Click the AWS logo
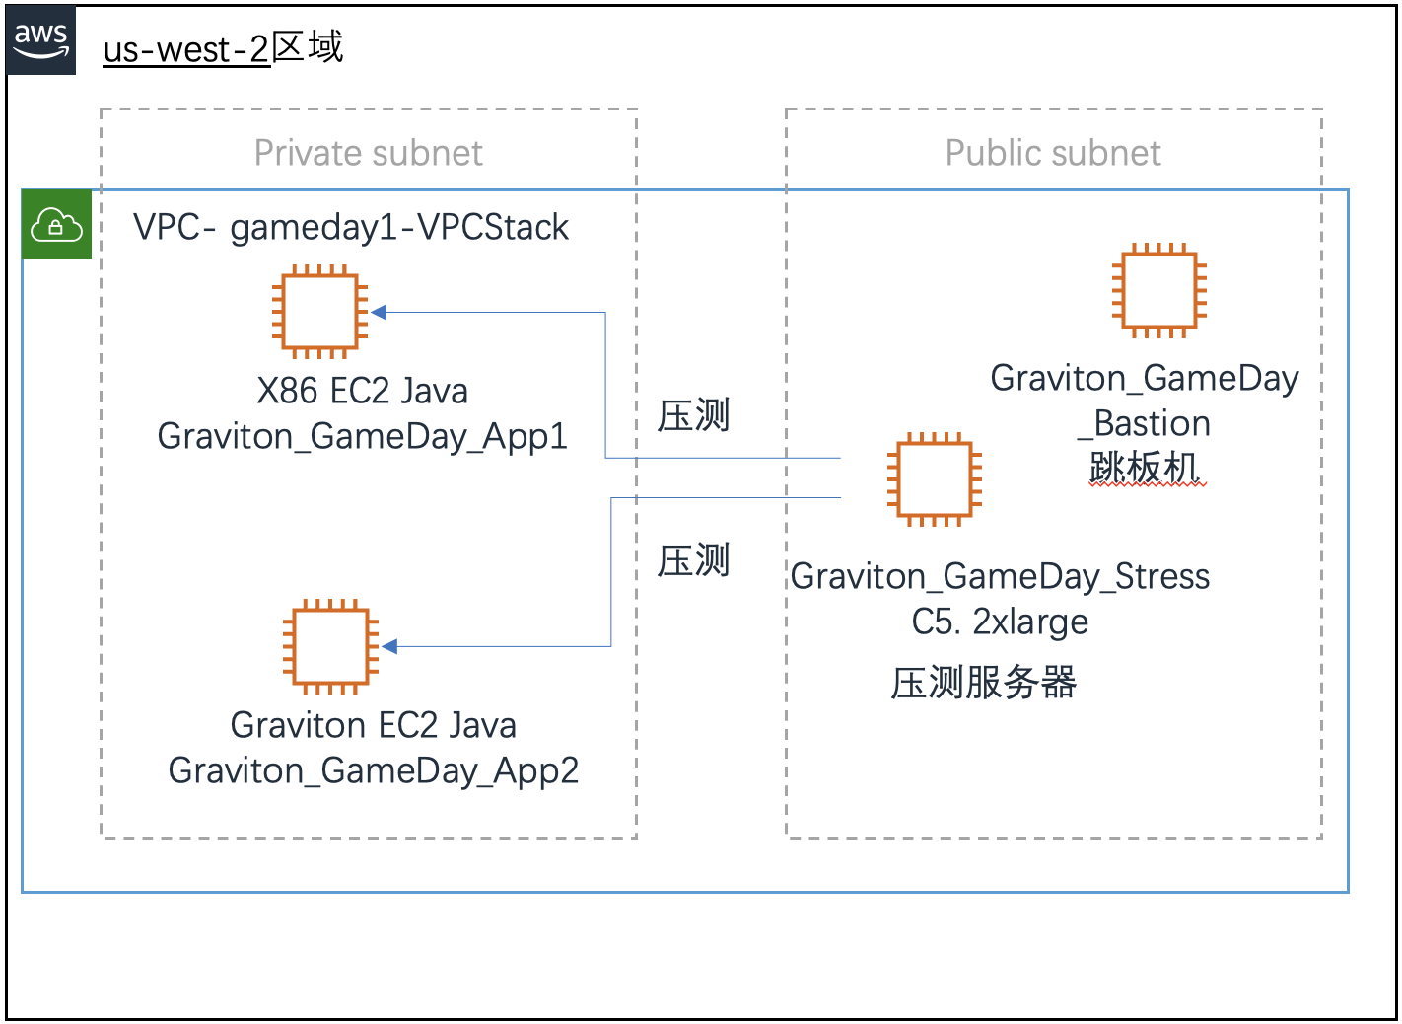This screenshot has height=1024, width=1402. pos(40,40)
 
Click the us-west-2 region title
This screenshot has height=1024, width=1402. pos(223,47)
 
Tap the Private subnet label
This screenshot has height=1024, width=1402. pos(368,153)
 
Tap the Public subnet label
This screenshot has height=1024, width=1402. pos(1053,153)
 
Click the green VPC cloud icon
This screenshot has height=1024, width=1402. pos(56,225)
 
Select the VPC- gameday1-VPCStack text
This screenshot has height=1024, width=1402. pos(351,227)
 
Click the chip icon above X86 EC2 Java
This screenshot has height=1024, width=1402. pos(319,312)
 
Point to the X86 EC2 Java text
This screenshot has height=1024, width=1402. pos(362,391)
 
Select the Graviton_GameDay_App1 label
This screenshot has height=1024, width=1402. pos(362,436)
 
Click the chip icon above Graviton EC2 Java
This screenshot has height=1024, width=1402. pos(330,646)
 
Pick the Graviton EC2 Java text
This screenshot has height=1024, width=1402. pos(373,725)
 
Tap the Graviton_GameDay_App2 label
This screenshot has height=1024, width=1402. pos(373,770)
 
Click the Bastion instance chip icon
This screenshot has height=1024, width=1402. pos(1158,290)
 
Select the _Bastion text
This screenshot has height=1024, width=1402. pos(1144,423)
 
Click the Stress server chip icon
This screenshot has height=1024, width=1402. pos(934,479)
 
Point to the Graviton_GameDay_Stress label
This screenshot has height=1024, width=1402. pos(1000,576)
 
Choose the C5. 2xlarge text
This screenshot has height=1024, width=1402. pos(1000,622)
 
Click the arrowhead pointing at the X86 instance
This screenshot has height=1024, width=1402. pos(379,313)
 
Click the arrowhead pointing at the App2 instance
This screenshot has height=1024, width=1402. pos(389,647)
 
